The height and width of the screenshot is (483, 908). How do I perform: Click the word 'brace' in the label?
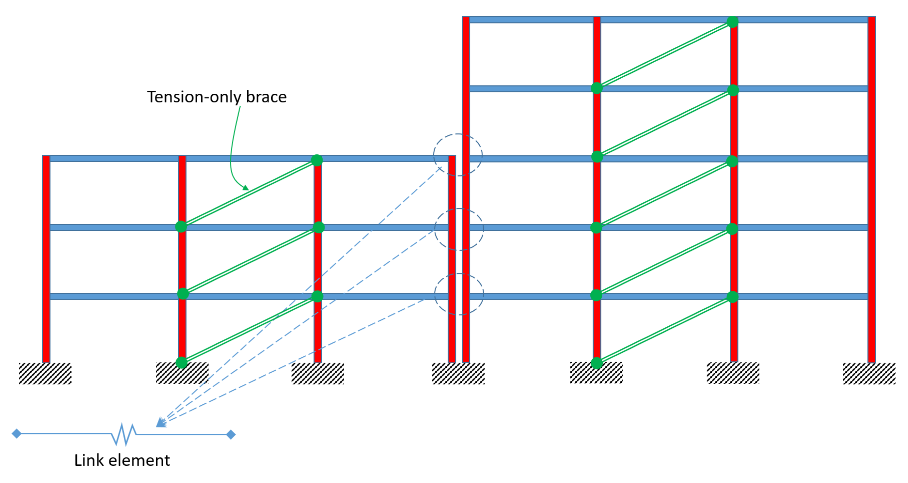[266, 97]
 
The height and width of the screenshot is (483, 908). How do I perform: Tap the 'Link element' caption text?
[122, 460]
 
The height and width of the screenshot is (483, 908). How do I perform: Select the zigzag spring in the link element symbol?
[124, 434]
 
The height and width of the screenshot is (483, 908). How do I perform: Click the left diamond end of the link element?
[16, 433]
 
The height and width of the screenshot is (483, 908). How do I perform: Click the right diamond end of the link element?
[231, 434]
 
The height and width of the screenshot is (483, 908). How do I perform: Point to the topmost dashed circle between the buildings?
[458, 155]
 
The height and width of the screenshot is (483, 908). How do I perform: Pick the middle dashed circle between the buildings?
[459, 229]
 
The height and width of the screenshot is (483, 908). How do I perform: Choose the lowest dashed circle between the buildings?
[459, 294]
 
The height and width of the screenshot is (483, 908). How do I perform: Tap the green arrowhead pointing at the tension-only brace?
[246, 188]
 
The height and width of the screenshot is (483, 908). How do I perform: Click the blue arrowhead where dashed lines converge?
[161, 422]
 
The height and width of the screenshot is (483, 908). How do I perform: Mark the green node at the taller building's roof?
[732, 22]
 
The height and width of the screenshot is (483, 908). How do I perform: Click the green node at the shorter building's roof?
[317, 160]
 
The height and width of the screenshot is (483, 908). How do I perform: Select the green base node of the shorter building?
[182, 362]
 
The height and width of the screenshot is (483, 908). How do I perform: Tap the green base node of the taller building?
[597, 363]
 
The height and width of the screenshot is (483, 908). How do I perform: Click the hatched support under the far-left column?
[45, 373]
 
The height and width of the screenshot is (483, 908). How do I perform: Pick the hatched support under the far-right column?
[869, 373]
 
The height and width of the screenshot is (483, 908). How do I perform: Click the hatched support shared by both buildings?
[458, 373]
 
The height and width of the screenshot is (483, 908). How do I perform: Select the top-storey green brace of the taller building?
[664, 55]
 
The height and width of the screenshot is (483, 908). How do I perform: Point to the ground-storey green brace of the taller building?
[664, 330]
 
